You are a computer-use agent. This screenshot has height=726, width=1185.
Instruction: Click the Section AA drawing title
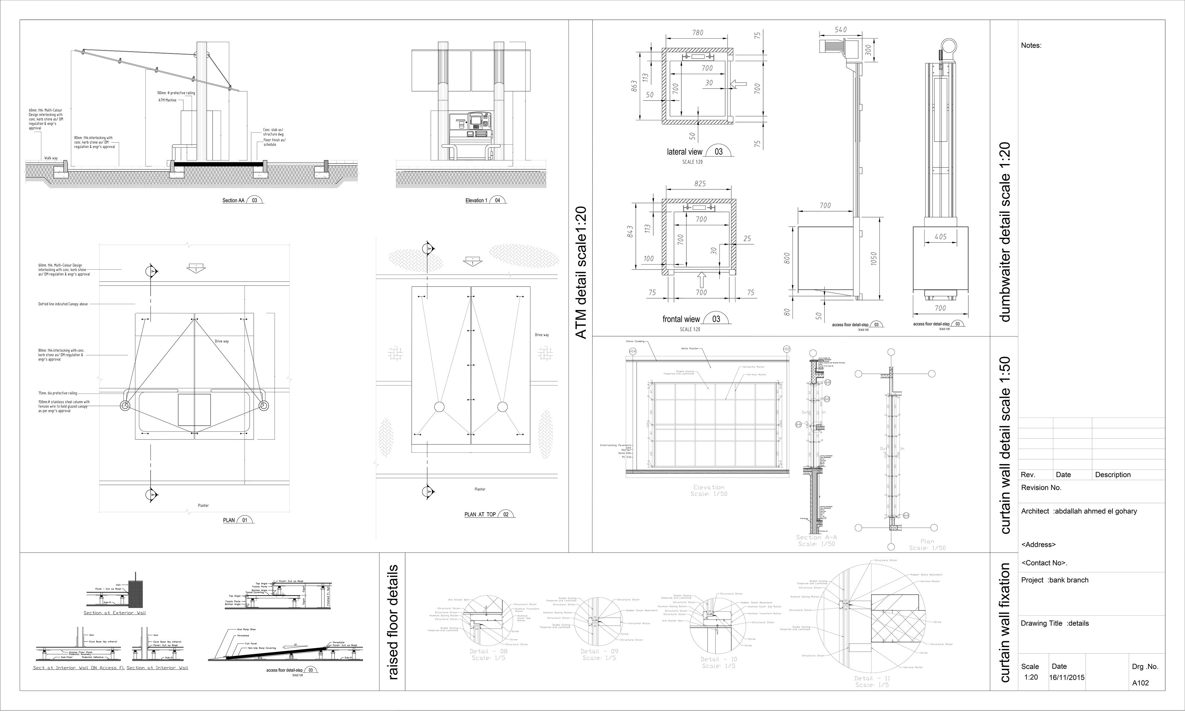tap(233, 200)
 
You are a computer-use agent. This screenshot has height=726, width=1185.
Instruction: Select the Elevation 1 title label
tap(476, 200)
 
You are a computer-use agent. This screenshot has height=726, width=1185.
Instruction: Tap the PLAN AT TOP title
tap(480, 514)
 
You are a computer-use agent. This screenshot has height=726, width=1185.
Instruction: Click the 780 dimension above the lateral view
tap(697, 33)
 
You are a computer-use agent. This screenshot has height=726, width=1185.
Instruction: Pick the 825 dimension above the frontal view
tap(700, 184)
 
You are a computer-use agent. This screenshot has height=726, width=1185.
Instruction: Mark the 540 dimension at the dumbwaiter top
tap(841, 30)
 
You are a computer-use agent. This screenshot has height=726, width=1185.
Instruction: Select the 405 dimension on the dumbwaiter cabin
tap(941, 237)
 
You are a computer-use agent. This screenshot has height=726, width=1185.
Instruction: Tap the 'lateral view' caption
tap(684, 152)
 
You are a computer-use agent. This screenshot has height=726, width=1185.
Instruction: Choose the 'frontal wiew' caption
tap(681, 319)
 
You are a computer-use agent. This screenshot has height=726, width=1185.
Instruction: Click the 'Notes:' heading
tap(1031, 46)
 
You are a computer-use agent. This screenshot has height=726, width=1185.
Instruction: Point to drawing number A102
tap(1140, 683)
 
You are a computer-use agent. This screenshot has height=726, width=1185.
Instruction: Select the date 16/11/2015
tap(1067, 678)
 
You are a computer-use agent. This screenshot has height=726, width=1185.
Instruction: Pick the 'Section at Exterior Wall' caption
tap(114, 613)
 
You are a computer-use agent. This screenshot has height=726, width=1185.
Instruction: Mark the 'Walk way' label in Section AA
tap(51, 158)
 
